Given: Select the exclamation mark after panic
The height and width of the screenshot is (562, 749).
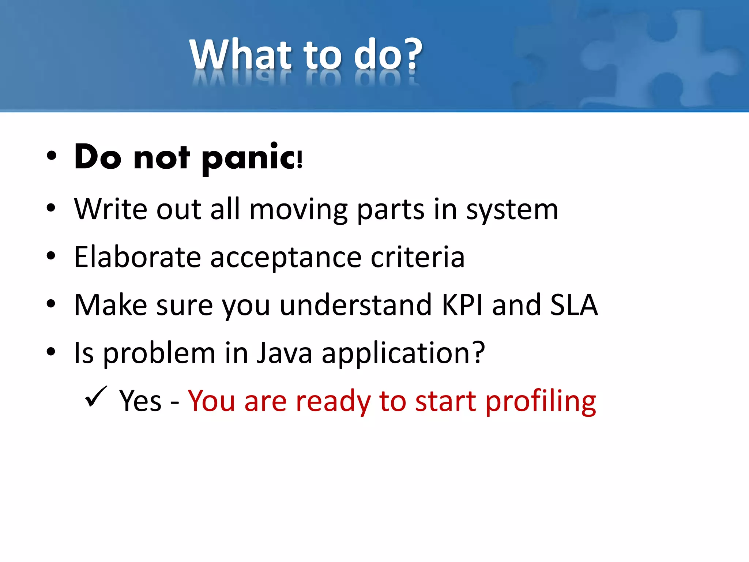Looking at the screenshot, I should (300, 160).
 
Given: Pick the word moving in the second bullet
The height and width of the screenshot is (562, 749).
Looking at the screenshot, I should (298, 210).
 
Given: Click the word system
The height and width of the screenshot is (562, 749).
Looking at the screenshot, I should (512, 210).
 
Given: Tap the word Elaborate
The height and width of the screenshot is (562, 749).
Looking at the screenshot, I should (137, 257).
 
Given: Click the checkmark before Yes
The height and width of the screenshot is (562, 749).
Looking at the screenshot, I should (95, 397).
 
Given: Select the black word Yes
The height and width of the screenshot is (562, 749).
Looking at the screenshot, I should (140, 401).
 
